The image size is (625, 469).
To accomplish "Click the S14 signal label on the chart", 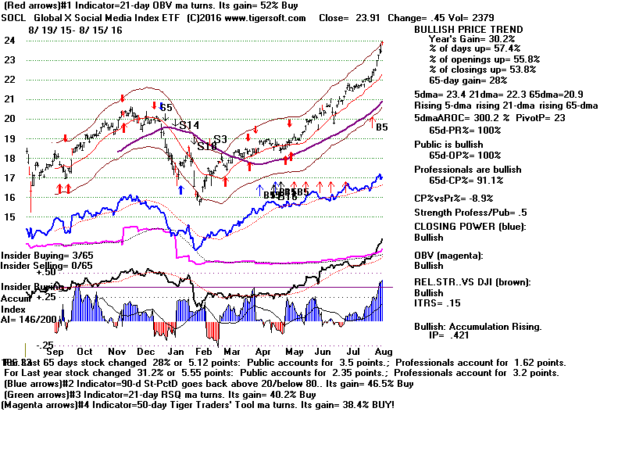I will pyautogui.click(x=189, y=125).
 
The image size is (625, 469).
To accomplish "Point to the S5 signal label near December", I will pyautogui.click(x=166, y=107).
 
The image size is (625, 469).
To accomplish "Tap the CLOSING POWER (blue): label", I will pyautogui.click(x=470, y=227).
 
